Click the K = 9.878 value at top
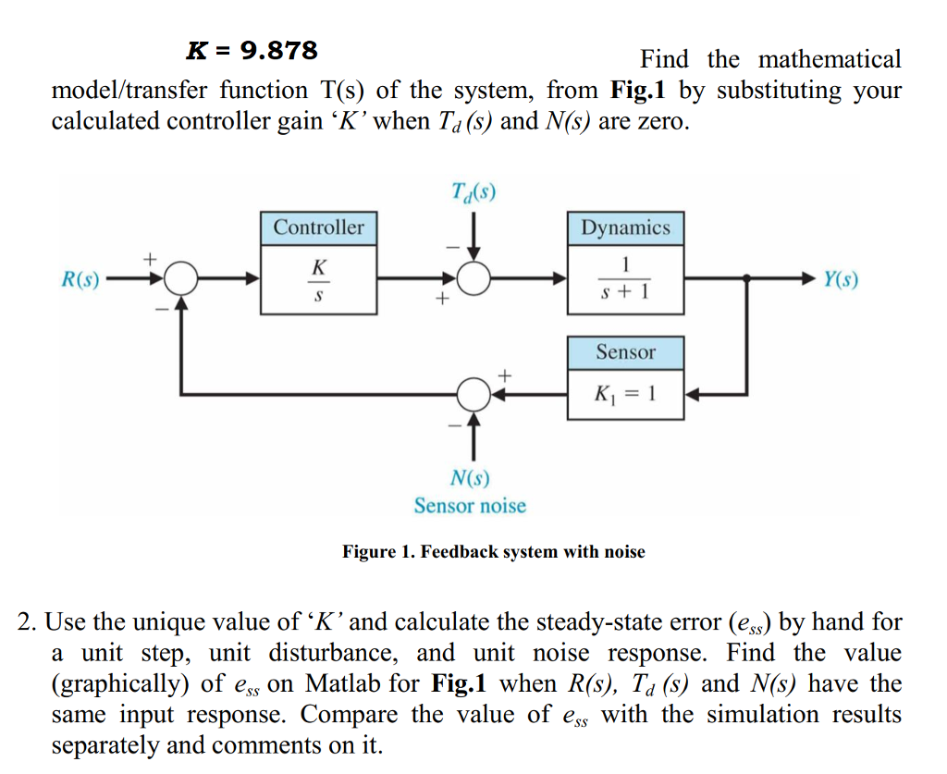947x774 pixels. (252, 50)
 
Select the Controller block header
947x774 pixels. (318, 227)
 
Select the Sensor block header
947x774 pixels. (625, 352)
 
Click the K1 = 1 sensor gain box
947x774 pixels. (625, 394)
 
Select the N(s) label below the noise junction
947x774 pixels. (470, 478)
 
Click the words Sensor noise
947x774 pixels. (470, 506)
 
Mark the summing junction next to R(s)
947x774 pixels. (183, 277)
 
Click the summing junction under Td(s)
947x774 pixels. (473, 277)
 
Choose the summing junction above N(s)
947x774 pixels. (473, 394)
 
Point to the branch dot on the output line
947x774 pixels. (745, 277)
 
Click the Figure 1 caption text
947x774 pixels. (494, 552)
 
